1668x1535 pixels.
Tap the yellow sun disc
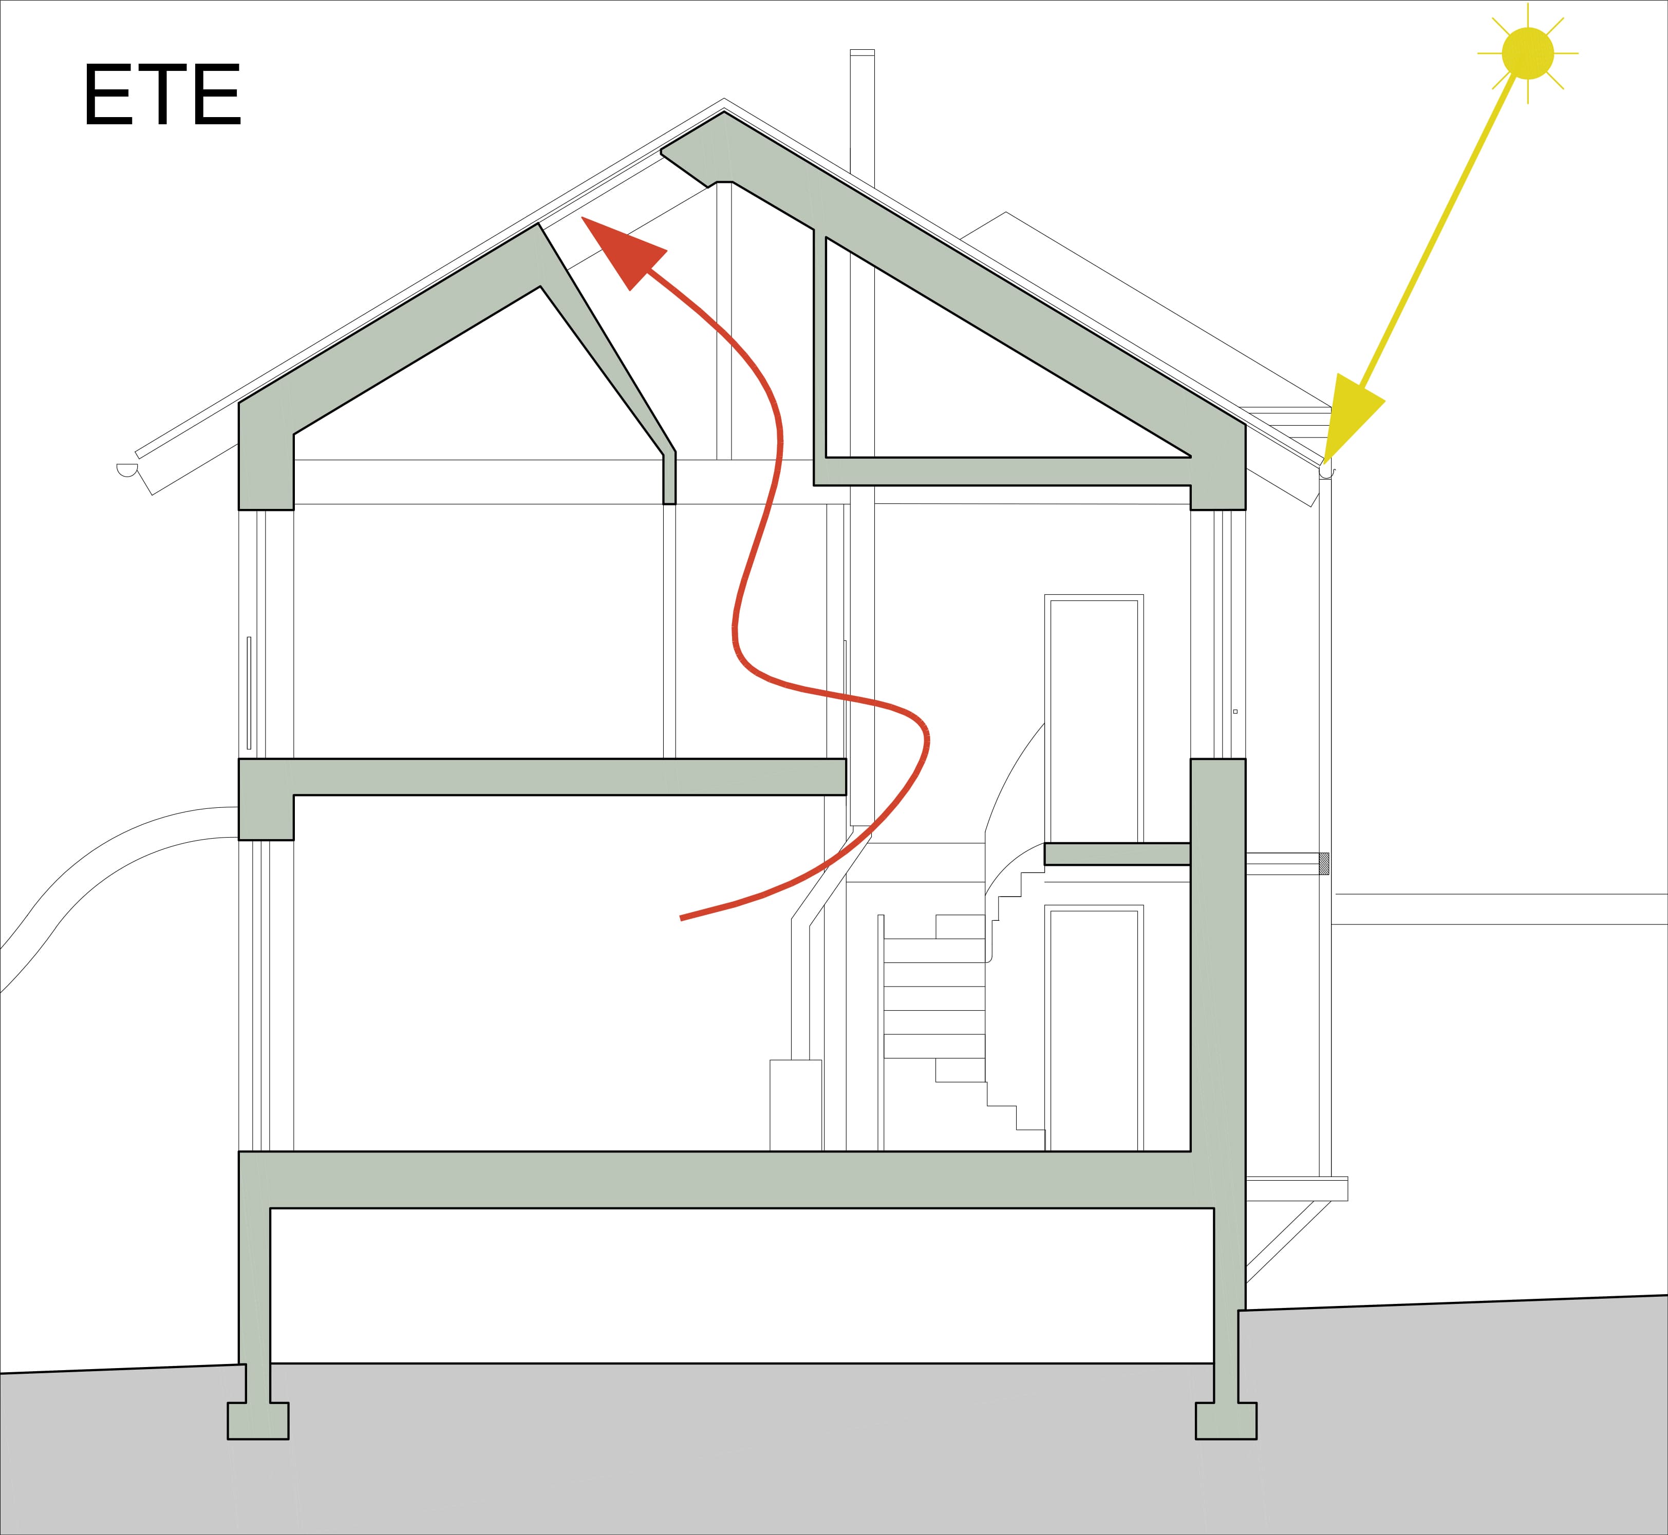(x=1528, y=53)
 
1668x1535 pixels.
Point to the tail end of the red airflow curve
(x=681, y=918)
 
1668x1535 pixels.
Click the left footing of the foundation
(x=258, y=1420)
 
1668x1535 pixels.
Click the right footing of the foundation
(x=1226, y=1420)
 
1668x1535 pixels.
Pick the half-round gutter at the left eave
(x=126, y=469)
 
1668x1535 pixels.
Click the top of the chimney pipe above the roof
(x=862, y=52)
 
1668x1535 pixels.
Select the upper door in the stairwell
(x=1094, y=718)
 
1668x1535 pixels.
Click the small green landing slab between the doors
(x=1117, y=854)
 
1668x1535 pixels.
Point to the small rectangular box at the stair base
(x=796, y=1106)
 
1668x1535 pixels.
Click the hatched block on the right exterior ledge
(x=1324, y=864)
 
